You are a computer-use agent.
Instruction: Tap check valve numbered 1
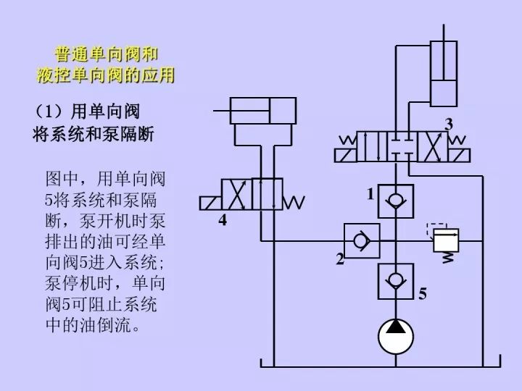click(396, 201)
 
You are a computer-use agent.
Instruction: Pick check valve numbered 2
click(360, 240)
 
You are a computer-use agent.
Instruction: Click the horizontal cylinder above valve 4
click(262, 112)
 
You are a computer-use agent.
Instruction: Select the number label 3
click(449, 125)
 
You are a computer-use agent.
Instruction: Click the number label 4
click(223, 220)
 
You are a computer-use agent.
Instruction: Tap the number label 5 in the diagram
click(422, 294)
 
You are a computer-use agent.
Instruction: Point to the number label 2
click(339, 260)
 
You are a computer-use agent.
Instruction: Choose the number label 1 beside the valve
click(370, 194)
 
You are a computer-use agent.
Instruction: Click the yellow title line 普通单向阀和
click(107, 54)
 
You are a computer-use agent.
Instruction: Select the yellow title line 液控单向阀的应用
click(107, 75)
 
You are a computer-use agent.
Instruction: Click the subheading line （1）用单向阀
click(87, 112)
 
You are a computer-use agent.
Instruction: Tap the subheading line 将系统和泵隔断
click(94, 134)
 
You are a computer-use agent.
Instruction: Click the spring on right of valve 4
click(293, 201)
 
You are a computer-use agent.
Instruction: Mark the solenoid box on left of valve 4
click(210, 201)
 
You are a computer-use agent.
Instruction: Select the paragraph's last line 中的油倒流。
click(91, 326)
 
